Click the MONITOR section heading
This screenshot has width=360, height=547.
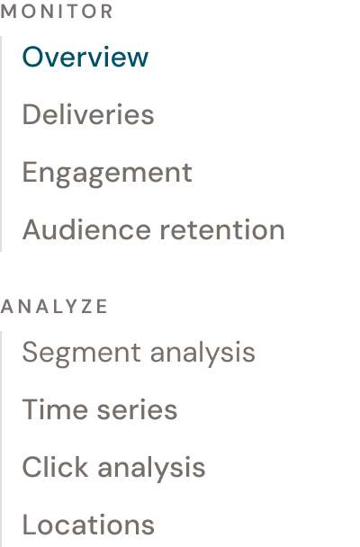click(x=57, y=12)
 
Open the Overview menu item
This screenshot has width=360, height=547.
click(x=85, y=57)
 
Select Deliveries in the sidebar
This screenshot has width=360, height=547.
click(x=88, y=114)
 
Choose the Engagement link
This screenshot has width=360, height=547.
click(x=107, y=174)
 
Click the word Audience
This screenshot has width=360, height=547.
click(x=86, y=229)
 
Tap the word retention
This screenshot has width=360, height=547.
click(x=222, y=229)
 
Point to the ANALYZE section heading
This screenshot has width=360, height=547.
click(x=54, y=307)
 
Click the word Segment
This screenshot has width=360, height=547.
click(x=81, y=353)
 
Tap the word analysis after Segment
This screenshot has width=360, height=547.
click(x=202, y=353)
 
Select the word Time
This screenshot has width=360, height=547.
click(x=55, y=409)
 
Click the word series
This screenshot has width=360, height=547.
click(x=137, y=410)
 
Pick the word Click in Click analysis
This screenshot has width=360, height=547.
click(x=55, y=467)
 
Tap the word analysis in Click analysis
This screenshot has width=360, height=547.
click(x=151, y=469)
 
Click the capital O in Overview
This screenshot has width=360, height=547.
click(x=34, y=57)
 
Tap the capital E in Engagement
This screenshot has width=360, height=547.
click(x=30, y=172)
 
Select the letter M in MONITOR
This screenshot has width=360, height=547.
click(x=8, y=12)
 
